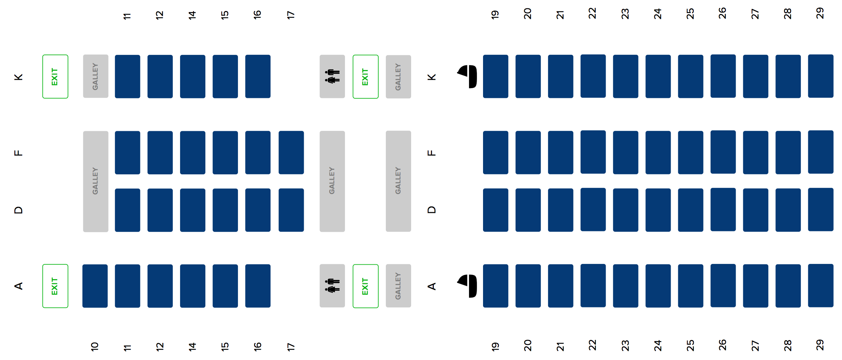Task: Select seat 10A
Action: tap(95, 286)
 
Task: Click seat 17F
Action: tap(291, 152)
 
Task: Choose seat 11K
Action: tap(127, 76)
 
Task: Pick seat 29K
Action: tap(820, 76)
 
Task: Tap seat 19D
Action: tap(496, 210)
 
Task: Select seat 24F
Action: tap(658, 152)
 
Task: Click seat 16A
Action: tap(258, 286)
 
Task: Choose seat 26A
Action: tap(723, 286)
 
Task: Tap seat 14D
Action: tap(193, 210)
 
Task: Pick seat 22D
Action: tap(593, 209)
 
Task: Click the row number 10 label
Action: tap(95, 346)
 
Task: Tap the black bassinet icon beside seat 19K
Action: tap(468, 76)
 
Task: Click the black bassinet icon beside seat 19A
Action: tap(468, 286)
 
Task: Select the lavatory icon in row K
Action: tap(332, 76)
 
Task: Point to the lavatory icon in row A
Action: tap(332, 286)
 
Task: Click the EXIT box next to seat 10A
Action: tap(55, 286)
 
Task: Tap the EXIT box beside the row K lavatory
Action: tap(365, 76)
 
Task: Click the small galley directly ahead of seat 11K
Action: tap(96, 76)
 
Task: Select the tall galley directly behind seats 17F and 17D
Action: tap(332, 181)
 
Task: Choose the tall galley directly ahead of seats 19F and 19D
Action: tap(398, 181)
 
